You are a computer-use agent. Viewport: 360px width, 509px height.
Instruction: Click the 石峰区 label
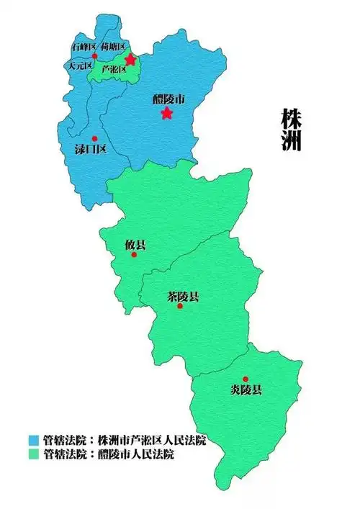click(x=84, y=47)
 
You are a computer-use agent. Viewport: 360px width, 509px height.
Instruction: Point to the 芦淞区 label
click(x=114, y=70)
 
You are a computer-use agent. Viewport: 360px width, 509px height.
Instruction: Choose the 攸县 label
click(x=135, y=245)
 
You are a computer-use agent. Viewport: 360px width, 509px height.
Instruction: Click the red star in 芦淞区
click(x=130, y=59)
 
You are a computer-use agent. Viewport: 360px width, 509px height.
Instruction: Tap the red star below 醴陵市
click(x=166, y=113)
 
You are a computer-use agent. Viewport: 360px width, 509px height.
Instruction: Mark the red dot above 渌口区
click(x=94, y=138)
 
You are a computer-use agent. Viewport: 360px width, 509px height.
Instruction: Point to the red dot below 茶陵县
click(x=180, y=306)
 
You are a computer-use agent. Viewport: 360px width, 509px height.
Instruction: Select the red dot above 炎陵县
click(x=246, y=379)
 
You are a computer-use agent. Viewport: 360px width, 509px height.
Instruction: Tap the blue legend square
click(x=33, y=440)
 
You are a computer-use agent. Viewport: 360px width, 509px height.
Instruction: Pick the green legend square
click(x=33, y=454)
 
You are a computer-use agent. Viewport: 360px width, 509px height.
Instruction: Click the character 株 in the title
click(x=291, y=119)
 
